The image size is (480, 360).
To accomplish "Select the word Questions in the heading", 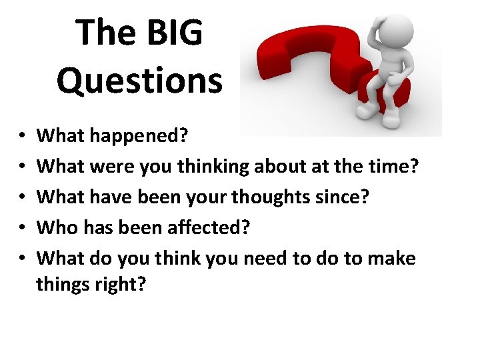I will [x=139, y=81].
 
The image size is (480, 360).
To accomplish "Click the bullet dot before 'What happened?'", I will [x=21, y=137].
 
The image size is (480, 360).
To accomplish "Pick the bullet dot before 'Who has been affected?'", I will [x=21, y=228].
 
